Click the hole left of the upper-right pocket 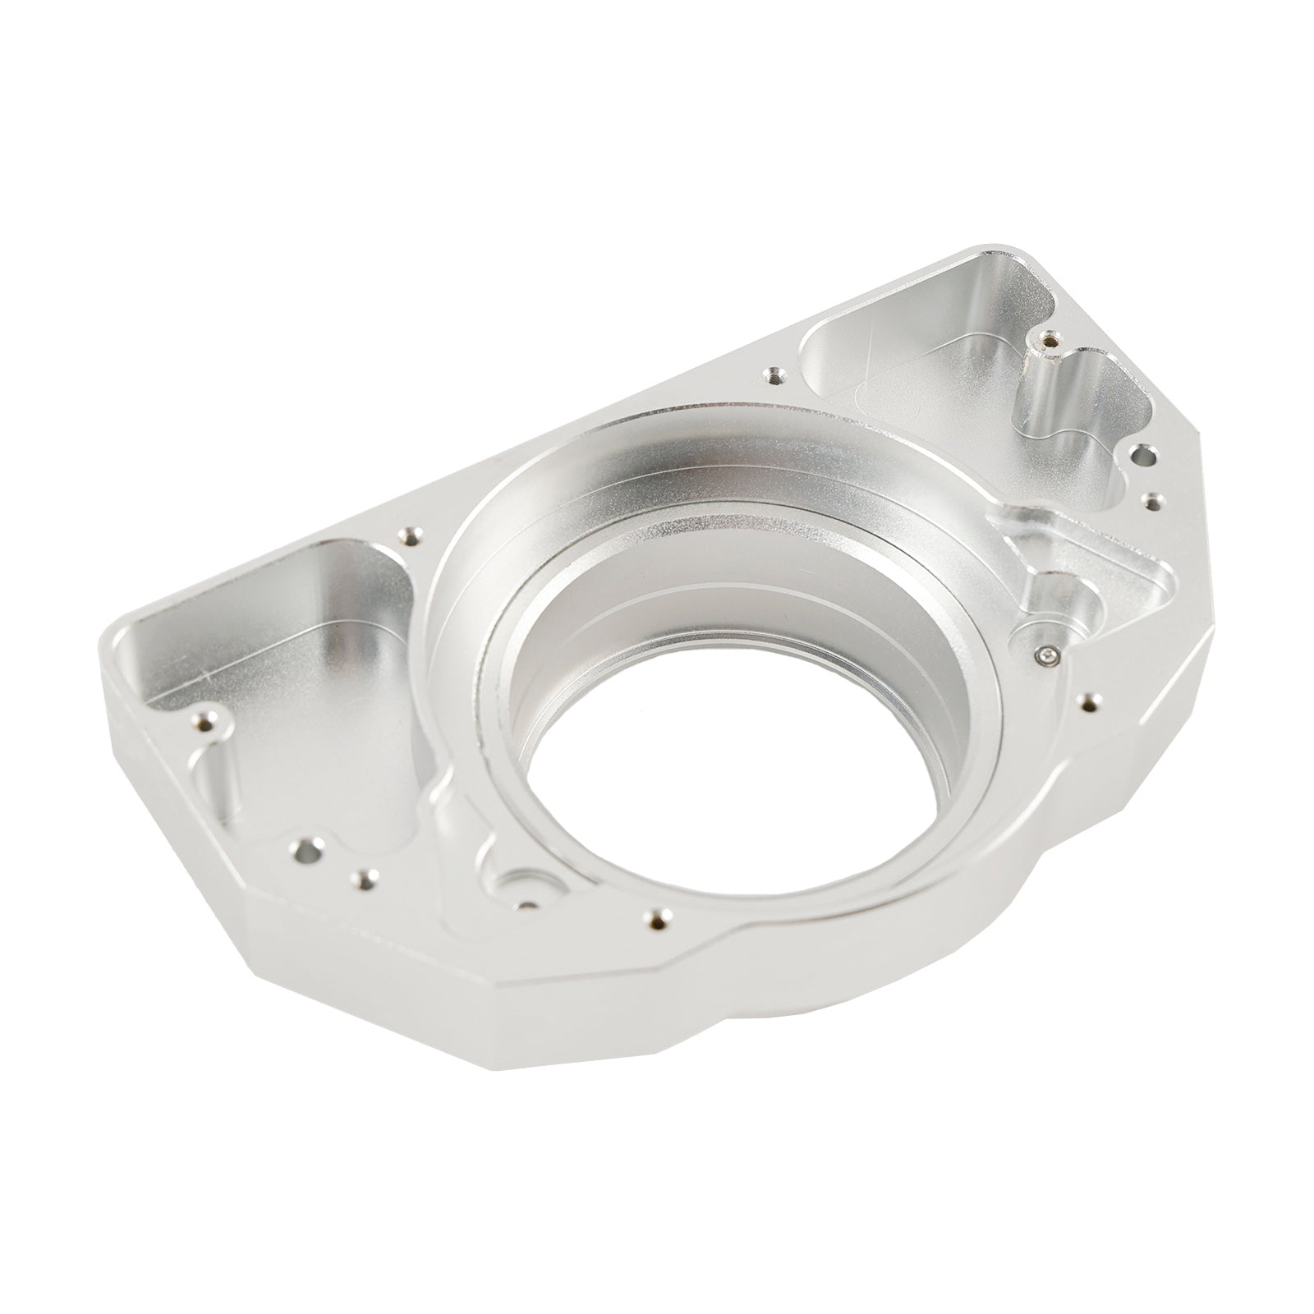point(772,375)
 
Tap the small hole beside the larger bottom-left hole point(360,880)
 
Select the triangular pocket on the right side point(1092,567)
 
